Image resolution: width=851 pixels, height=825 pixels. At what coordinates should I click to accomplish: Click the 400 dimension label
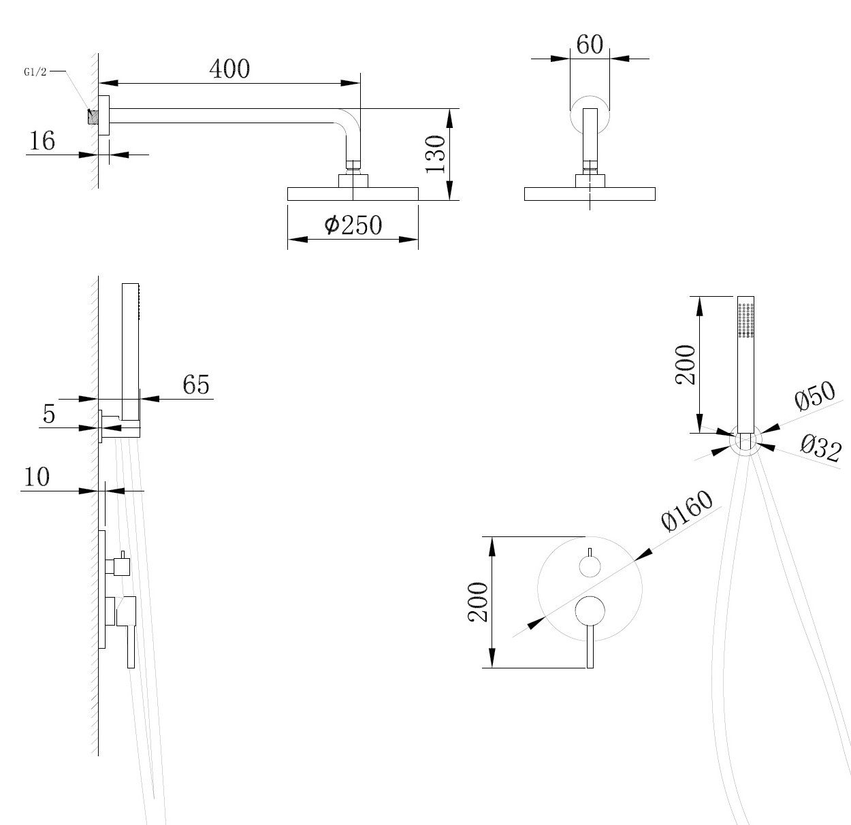[x=229, y=69]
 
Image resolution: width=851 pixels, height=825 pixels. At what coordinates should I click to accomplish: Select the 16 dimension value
[x=42, y=141]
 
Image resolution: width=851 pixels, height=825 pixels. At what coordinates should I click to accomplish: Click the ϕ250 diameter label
[x=353, y=225]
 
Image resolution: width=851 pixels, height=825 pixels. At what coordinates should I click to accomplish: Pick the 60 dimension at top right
[x=590, y=45]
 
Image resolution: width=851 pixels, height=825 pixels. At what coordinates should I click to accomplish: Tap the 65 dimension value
[x=196, y=385]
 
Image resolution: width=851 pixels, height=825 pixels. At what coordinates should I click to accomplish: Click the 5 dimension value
[x=49, y=414]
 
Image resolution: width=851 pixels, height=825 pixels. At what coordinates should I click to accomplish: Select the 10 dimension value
[x=37, y=477]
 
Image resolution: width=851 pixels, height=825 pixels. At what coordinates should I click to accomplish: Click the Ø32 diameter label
[x=820, y=449]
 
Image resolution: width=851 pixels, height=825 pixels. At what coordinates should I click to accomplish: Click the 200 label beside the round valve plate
[x=479, y=602]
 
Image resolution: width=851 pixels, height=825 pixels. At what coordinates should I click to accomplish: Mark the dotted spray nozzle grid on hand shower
[x=746, y=320]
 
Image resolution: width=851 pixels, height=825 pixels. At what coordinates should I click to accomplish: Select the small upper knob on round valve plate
[x=590, y=566]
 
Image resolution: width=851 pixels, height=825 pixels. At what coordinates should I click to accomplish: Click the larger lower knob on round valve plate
[x=590, y=610]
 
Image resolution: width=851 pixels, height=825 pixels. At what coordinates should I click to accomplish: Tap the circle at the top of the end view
[x=590, y=112]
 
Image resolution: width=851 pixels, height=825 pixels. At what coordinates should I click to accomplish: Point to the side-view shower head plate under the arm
[x=353, y=194]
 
